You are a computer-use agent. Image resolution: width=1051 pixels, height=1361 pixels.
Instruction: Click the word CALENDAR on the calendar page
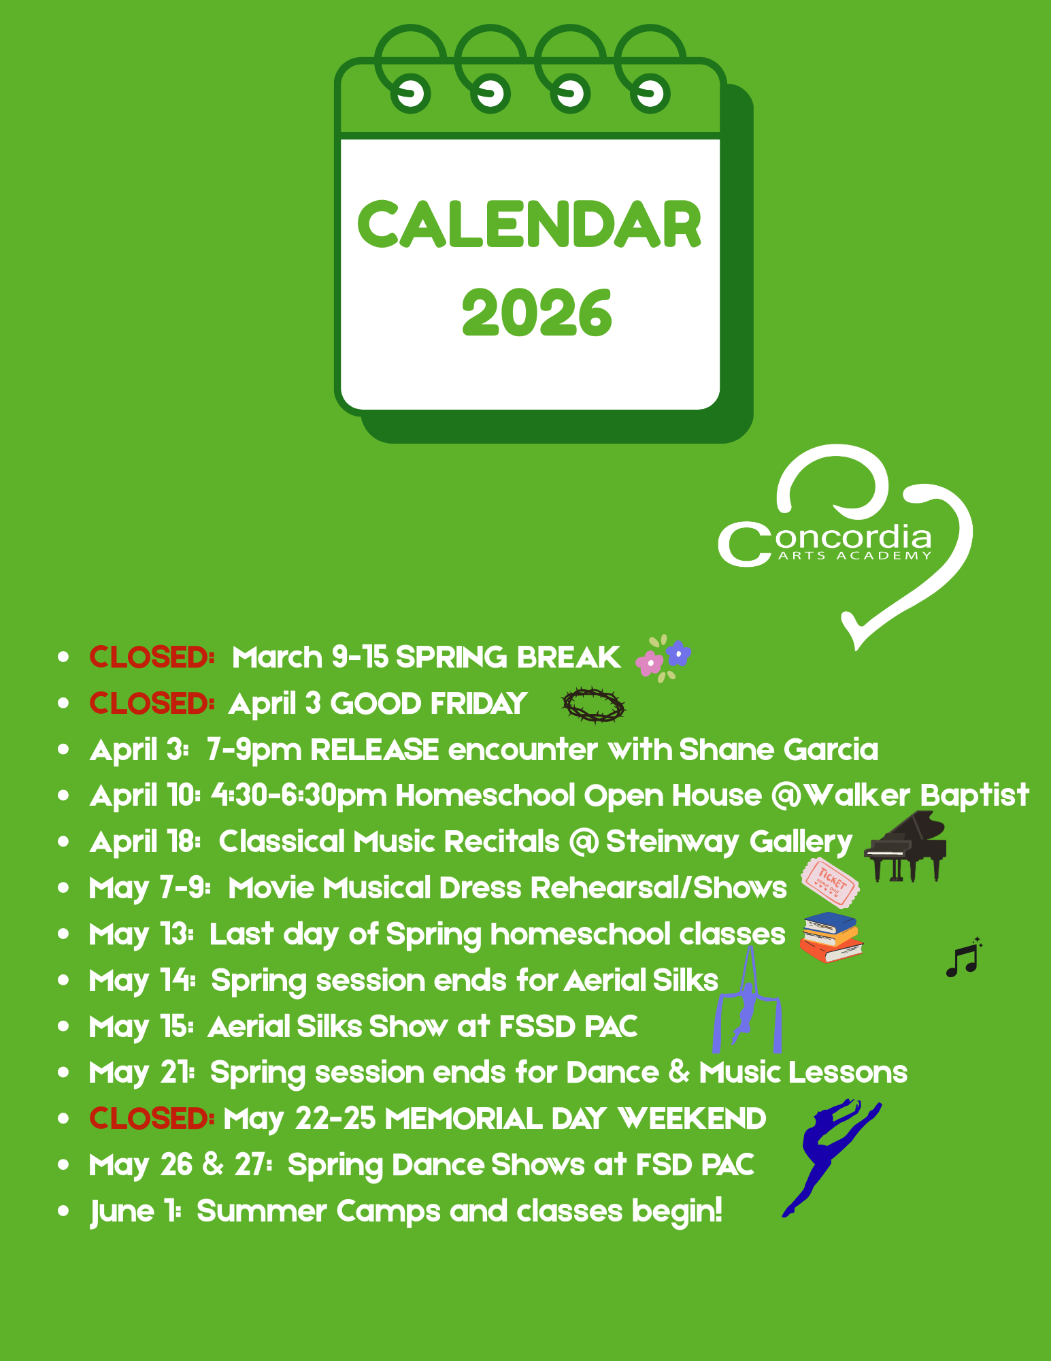529,225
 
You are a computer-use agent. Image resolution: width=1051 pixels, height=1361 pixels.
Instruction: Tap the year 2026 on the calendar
537,312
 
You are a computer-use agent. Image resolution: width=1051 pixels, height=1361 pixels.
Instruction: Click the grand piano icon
905,847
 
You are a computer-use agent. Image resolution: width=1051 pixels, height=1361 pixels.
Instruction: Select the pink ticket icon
830,882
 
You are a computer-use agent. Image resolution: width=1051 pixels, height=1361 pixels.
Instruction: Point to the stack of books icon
831,938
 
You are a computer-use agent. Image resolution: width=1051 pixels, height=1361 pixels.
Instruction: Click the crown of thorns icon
593,705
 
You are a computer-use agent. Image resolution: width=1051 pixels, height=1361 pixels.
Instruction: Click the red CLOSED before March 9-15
152,657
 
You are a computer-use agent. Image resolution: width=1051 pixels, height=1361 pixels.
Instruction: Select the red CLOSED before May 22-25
152,1119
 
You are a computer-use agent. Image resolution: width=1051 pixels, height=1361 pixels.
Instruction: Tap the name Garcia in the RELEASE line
831,750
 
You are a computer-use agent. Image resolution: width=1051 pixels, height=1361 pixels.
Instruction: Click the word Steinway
671,842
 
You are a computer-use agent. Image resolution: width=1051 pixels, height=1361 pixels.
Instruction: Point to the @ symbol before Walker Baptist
787,796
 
